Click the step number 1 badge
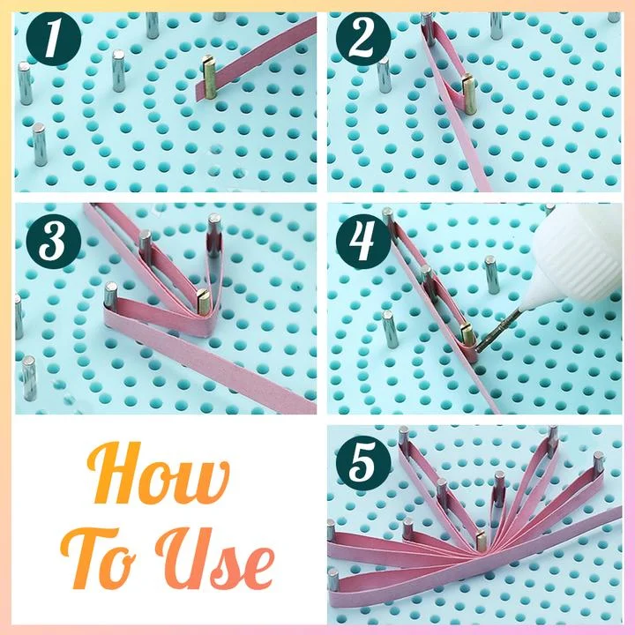[x=54, y=39]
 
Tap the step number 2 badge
[x=363, y=39]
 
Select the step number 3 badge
[x=54, y=242]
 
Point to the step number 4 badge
[x=363, y=242]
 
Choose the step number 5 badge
[x=363, y=463]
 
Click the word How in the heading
[x=158, y=472]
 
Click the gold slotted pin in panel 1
[x=209, y=78]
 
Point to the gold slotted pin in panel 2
[x=469, y=94]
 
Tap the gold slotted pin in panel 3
[x=203, y=303]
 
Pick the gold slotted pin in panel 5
[x=481, y=541]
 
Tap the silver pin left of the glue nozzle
[x=491, y=274]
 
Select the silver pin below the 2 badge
[x=384, y=75]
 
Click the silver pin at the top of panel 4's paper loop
[x=388, y=217]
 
